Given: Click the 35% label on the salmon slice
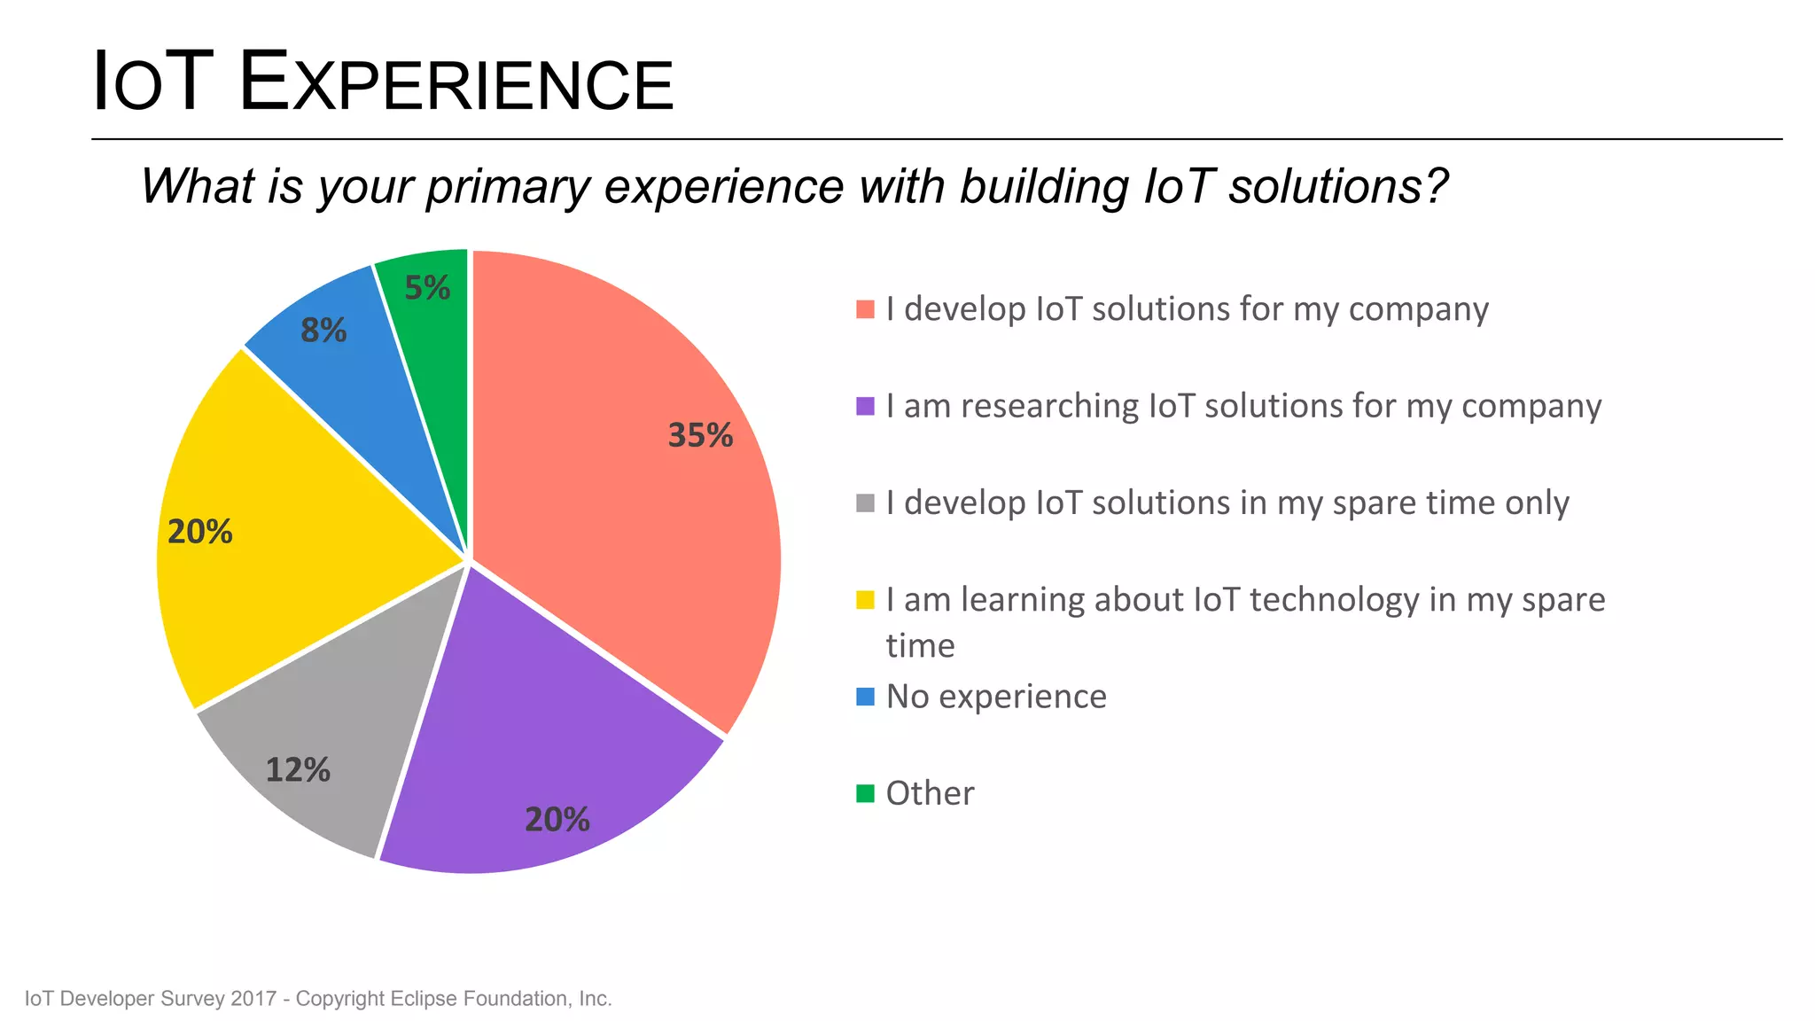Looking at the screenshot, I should pos(700,435).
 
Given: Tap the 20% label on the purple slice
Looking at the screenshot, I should pos(557,819).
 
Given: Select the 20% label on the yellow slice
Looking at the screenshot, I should pos(199,532).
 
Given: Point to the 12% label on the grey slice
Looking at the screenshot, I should pos(298,769).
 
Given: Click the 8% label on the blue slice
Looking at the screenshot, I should pos(323,331).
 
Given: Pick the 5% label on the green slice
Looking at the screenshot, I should pos(427,288).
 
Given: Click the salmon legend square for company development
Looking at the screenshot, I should pos(865,309).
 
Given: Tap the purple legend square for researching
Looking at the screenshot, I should pos(865,406).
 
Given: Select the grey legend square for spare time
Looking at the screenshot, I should pos(865,503).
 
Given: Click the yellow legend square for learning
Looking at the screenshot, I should pos(865,600).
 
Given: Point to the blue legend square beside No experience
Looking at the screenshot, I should pos(865,697).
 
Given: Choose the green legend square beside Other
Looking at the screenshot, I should pos(865,793).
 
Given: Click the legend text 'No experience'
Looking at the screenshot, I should pos(996,697).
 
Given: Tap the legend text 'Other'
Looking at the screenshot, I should pos(930,793).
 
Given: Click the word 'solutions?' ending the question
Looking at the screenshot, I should pos(1337,187).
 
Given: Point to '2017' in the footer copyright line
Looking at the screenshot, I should pos(253,999).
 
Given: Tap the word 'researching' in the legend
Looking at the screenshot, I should pos(1050,406).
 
